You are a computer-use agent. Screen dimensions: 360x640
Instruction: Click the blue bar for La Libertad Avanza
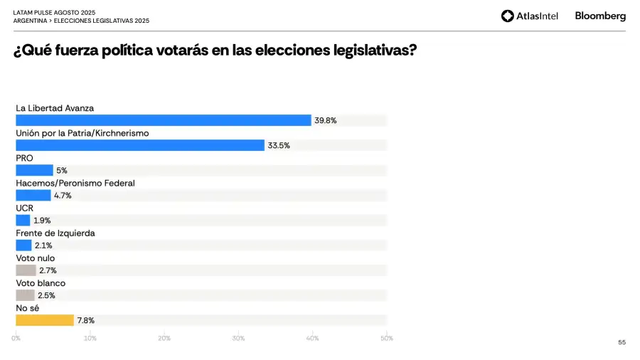coord(164,120)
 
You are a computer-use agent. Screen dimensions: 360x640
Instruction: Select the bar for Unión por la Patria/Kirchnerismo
coord(140,145)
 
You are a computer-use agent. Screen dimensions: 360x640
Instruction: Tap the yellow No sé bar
coord(45,320)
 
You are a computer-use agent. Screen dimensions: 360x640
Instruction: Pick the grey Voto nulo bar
coord(26,270)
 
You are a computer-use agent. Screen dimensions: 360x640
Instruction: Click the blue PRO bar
coord(34,170)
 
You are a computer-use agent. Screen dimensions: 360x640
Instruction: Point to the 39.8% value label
coord(326,121)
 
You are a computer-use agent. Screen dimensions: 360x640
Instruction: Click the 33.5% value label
coord(279,146)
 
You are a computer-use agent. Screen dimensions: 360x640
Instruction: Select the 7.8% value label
coord(86,321)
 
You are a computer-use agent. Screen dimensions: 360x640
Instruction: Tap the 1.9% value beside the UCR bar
coord(42,221)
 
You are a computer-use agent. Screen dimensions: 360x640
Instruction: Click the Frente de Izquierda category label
coord(55,233)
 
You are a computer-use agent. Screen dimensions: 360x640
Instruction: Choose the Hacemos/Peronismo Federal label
coord(75,183)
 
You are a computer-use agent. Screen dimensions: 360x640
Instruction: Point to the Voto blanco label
coord(41,283)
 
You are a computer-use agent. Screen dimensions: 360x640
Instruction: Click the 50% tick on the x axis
coord(386,338)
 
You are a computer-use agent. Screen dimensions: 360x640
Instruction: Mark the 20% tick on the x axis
coord(164,338)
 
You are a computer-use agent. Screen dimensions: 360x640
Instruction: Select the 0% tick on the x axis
coord(16,338)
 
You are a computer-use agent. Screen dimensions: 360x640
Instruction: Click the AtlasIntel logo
coord(530,16)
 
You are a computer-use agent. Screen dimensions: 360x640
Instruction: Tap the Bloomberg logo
coord(600,16)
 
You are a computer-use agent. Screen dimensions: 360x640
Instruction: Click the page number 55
coord(622,342)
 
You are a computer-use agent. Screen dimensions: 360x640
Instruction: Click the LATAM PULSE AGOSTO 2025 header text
coord(54,13)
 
